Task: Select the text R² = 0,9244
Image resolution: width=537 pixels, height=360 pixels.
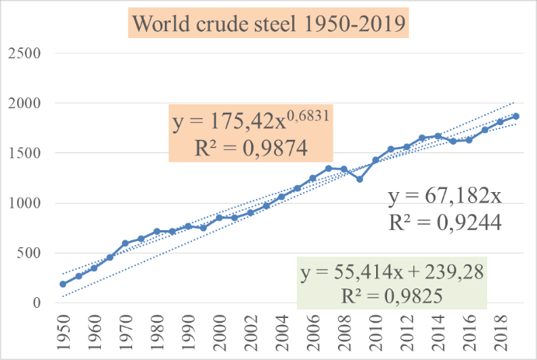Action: click(x=445, y=222)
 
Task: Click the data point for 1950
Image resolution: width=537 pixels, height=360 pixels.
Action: click(x=63, y=284)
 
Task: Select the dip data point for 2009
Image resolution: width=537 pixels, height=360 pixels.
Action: click(x=360, y=179)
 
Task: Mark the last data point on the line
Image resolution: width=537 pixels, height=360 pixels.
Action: click(x=516, y=116)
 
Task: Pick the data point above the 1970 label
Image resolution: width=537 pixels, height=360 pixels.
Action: click(x=125, y=243)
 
